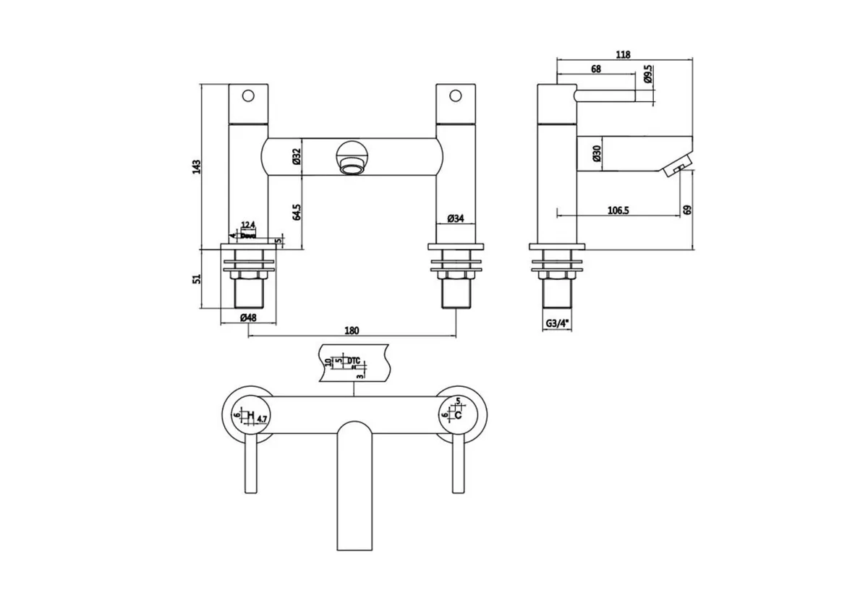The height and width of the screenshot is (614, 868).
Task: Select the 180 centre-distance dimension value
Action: (x=352, y=331)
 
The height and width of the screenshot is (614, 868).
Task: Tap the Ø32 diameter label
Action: (x=297, y=157)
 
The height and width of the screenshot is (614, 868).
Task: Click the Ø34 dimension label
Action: (x=455, y=218)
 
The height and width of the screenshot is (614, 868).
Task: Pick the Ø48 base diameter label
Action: (x=248, y=318)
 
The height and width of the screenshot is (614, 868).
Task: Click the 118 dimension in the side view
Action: (x=624, y=54)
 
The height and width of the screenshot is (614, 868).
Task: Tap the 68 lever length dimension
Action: (x=596, y=69)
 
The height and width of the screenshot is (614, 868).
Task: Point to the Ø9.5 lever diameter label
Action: (x=649, y=76)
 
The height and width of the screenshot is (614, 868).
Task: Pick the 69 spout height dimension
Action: (x=687, y=209)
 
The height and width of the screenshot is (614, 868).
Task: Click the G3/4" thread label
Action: (x=557, y=325)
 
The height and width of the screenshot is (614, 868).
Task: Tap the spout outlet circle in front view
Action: (x=351, y=157)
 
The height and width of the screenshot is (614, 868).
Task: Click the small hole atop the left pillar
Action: (x=248, y=95)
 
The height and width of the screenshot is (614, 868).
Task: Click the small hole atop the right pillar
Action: (x=456, y=95)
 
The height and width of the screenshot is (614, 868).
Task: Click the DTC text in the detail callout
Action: (x=354, y=359)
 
